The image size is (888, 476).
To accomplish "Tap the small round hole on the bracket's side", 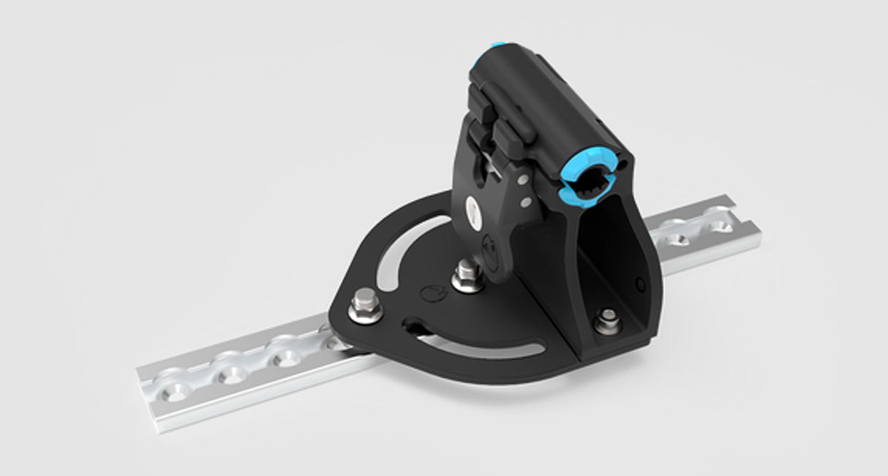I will [x=641, y=283].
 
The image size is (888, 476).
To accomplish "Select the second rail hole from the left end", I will [x=227, y=372].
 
